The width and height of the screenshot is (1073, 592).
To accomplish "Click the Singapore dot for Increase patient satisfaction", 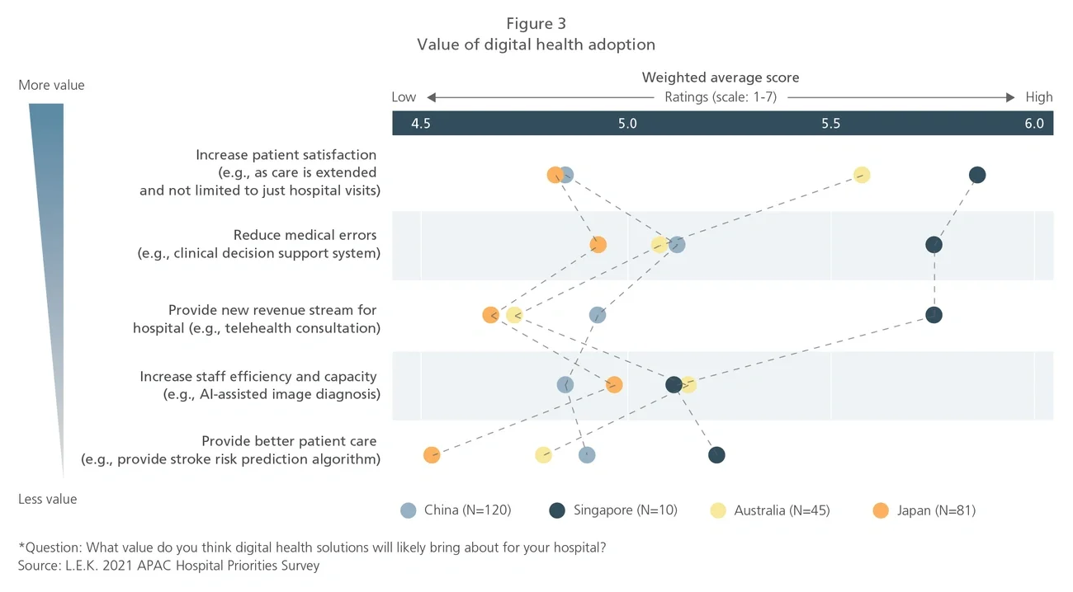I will click(977, 175).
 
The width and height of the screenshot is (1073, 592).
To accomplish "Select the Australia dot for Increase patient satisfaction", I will click(862, 175).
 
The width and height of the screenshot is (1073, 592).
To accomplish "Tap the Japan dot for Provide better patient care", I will click(432, 455).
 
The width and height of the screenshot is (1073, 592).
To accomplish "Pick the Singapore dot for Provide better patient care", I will click(716, 455).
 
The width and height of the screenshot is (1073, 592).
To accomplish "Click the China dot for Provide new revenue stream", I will click(598, 315).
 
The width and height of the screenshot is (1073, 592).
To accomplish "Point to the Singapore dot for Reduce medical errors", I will click(934, 245).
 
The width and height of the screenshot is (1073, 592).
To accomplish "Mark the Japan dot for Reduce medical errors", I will click(598, 245).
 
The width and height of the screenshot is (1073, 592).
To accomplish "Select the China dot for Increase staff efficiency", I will click(565, 385).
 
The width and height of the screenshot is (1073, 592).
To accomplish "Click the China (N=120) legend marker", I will click(408, 510).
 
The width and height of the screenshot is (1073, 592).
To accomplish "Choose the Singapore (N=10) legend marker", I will click(557, 510).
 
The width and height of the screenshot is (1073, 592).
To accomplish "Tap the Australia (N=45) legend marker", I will click(719, 510).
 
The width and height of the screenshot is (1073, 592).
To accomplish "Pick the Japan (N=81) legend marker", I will click(881, 510).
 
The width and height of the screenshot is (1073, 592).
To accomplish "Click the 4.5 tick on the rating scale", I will click(421, 124).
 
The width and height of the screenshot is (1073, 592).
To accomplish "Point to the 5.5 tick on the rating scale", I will click(830, 124).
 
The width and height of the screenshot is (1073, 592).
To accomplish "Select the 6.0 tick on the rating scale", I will click(1034, 124).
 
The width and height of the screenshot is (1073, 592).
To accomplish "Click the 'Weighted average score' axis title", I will click(721, 78).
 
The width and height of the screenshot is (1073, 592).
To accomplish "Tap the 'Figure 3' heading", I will click(536, 24).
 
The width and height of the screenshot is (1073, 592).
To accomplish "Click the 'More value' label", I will click(51, 85).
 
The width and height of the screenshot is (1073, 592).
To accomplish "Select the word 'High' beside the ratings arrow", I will click(1039, 97).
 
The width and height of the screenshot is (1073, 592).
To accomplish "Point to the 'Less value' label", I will click(48, 499).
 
